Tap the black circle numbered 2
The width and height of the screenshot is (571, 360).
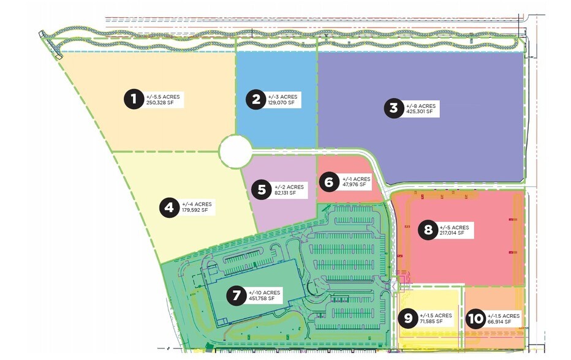255,99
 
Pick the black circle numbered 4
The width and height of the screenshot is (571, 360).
169,208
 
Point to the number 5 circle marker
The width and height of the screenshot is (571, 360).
262,190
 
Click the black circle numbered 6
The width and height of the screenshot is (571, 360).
328,182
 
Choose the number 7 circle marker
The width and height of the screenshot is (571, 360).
235,295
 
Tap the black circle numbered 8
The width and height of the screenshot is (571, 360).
428,230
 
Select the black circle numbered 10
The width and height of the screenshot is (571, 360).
475,318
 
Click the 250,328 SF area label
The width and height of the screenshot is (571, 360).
161,103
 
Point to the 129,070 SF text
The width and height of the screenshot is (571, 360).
281,103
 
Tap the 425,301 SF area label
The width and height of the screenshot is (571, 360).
420,112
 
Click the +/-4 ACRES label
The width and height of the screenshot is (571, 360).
197,204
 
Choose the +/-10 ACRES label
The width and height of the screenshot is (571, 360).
263,292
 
